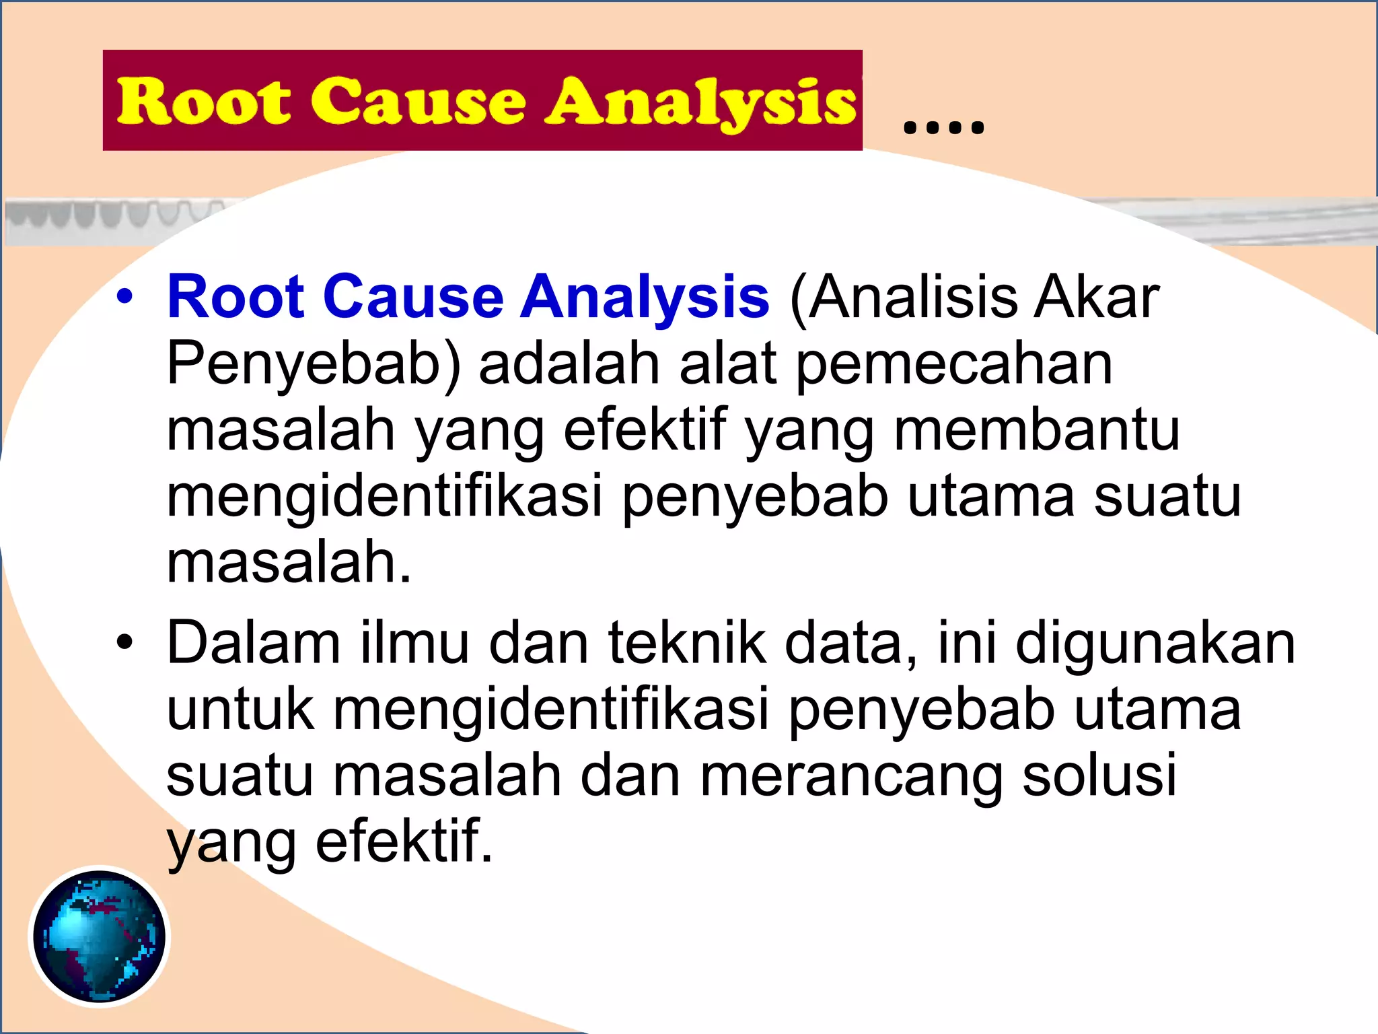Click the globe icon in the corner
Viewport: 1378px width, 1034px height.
(100, 936)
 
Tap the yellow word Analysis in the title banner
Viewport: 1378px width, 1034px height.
(700, 102)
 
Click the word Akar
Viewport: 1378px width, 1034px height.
(1097, 297)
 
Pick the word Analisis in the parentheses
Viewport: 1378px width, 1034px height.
(905, 297)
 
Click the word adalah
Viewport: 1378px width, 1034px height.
(569, 364)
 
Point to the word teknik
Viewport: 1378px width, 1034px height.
(687, 643)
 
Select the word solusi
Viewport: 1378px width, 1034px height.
(1099, 774)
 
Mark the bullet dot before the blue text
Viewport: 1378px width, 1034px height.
(124, 297)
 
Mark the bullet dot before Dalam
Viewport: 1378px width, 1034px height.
(124, 643)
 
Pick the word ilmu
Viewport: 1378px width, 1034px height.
(414, 643)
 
